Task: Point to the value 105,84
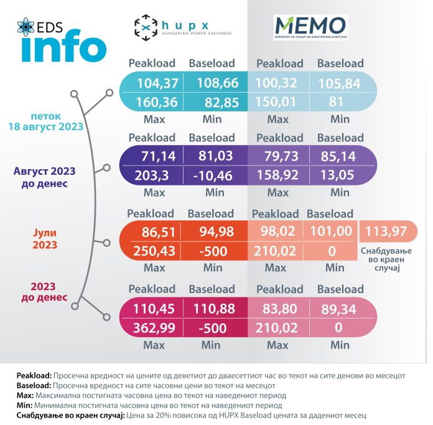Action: (x=340, y=83)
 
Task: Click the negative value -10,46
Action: (x=213, y=175)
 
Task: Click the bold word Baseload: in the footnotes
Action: (x=34, y=386)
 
